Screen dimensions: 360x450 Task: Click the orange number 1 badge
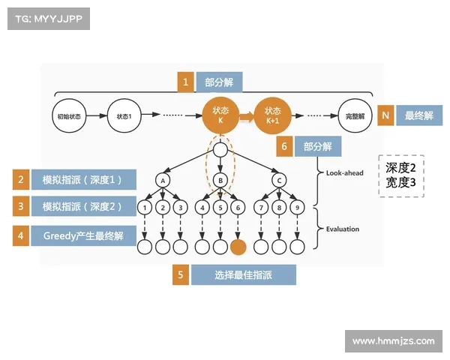pyautogui.click(x=185, y=82)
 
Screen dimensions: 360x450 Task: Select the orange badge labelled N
pyautogui.click(x=385, y=115)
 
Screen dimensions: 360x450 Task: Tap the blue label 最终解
pyautogui.click(x=419, y=115)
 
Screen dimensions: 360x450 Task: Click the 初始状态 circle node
pyautogui.click(x=69, y=116)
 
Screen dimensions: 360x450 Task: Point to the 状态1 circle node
pyautogui.click(x=124, y=116)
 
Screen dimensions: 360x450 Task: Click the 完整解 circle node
pyautogui.click(x=355, y=116)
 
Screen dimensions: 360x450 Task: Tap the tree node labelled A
pyautogui.click(x=162, y=180)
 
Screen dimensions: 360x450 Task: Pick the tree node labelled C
pyautogui.click(x=279, y=180)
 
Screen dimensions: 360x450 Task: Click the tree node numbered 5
pyautogui.click(x=220, y=207)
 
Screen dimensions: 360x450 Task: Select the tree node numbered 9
pyautogui.click(x=297, y=207)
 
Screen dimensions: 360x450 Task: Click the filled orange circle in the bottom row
pyautogui.click(x=238, y=246)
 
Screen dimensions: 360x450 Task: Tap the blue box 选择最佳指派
pyautogui.click(x=243, y=275)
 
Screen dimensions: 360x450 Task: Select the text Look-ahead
pyautogui.click(x=344, y=173)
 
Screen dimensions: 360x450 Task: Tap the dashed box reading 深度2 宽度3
pyautogui.click(x=401, y=175)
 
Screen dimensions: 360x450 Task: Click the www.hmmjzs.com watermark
pyautogui.click(x=393, y=341)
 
